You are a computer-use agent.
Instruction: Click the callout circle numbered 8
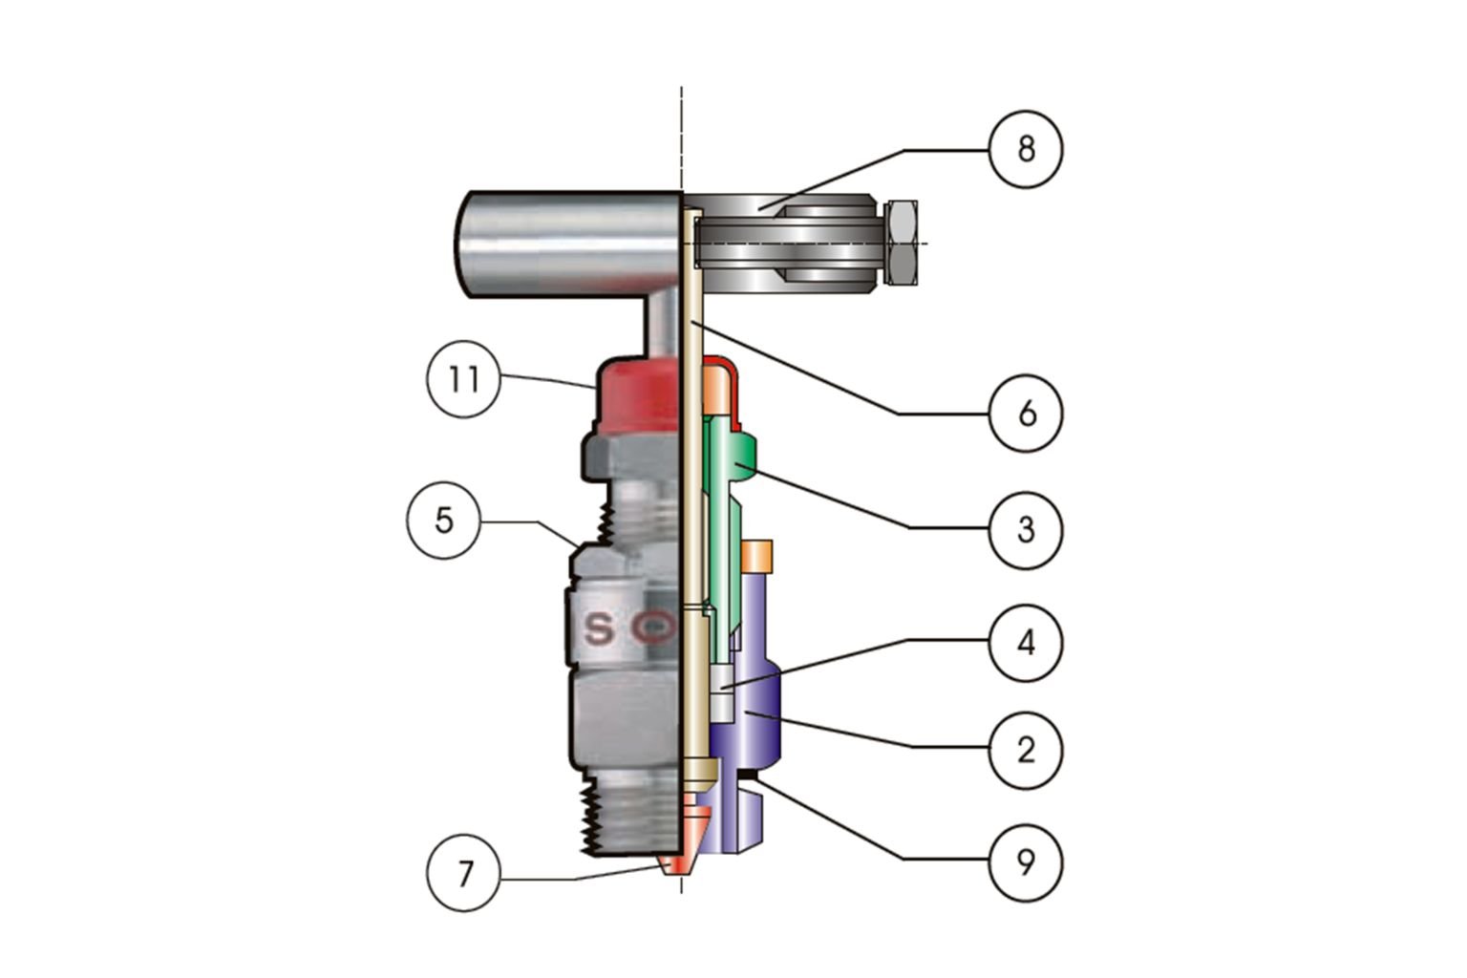tap(1026, 149)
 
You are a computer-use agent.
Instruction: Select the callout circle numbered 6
tap(1026, 414)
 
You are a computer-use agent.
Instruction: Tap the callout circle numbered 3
tap(1026, 528)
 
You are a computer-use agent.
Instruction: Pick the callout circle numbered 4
tap(1026, 643)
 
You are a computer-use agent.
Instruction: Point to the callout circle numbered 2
tap(1026, 750)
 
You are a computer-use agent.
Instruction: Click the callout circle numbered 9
tap(1026, 862)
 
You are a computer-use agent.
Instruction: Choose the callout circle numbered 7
tap(464, 873)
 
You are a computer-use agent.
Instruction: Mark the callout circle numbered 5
tap(443, 521)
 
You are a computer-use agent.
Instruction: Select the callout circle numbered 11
tap(463, 379)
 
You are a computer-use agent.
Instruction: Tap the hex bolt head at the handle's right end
tap(902, 243)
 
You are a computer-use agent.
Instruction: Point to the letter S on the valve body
tap(600, 628)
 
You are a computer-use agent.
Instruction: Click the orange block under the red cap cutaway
tap(716, 392)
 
